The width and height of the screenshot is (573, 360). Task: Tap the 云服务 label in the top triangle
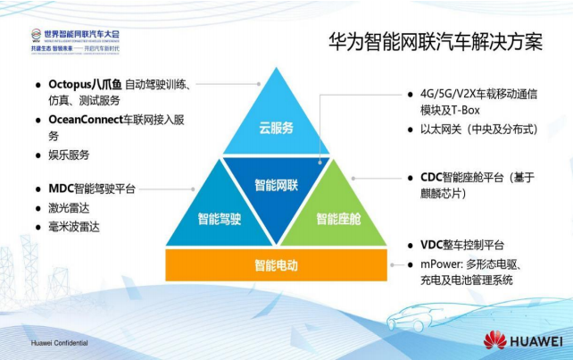[x=276, y=127]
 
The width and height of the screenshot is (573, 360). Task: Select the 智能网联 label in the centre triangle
[x=276, y=185]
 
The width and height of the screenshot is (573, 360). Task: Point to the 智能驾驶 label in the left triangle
[x=220, y=217]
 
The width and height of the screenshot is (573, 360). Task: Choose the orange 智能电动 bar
[x=276, y=265]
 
